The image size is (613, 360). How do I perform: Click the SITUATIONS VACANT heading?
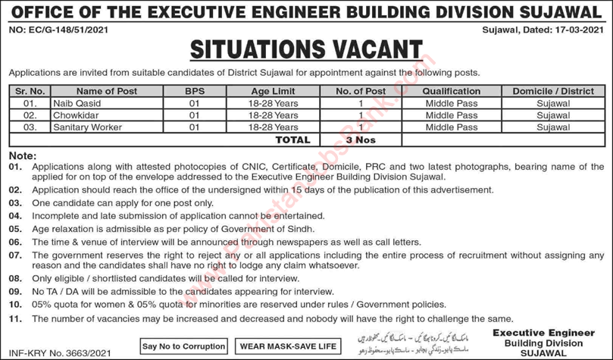306,50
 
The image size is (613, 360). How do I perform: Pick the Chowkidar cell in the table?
73,115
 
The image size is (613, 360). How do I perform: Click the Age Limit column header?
274,91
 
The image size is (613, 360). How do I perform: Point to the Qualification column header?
451,91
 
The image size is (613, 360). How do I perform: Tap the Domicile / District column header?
552,91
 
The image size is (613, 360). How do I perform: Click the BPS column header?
194,91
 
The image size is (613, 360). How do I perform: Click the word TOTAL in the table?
292,139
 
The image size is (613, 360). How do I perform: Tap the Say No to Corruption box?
184,346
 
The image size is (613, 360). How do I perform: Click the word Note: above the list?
22,155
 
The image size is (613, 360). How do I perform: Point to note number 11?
15,318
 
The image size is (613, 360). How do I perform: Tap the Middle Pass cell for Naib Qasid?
451,103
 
